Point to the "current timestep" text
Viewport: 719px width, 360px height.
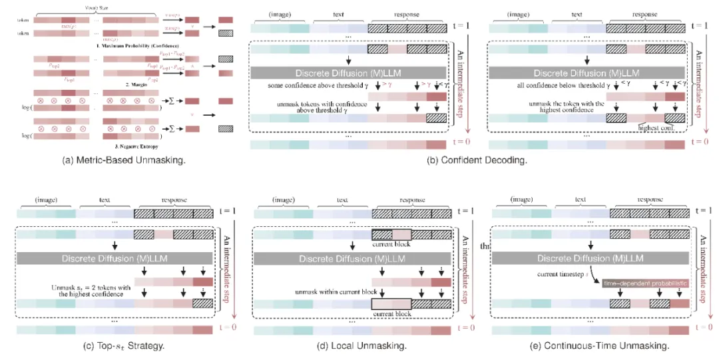[x=558, y=273]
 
